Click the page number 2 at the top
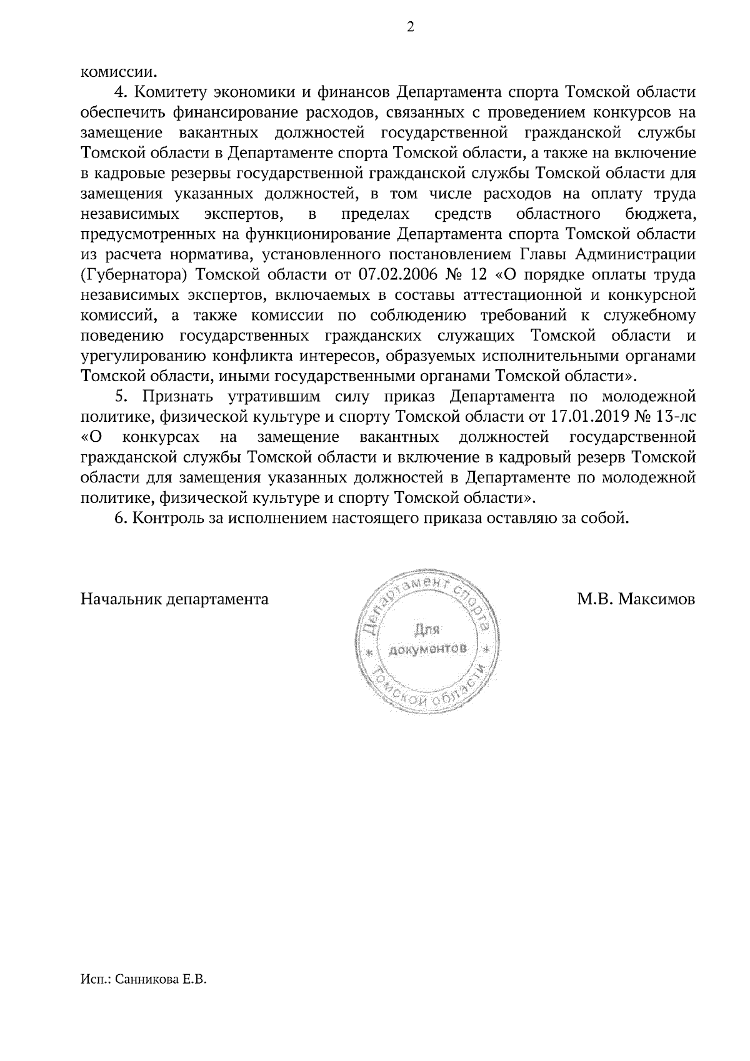(x=410, y=27)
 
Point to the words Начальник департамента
(x=174, y=600)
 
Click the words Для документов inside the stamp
(x=427, y=639)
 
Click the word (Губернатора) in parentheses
(x=134, y=275)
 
